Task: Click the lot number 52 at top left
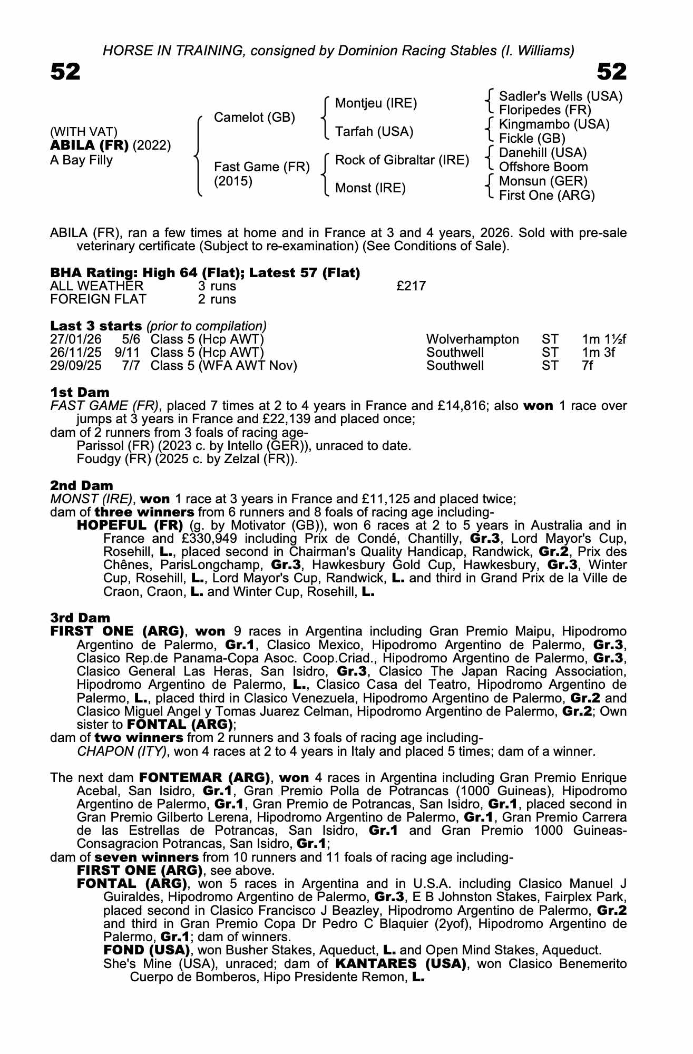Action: [x=65, y=72]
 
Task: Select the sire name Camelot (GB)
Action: [x=254, y=118]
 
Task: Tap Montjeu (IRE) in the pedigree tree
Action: [x=376, y=103]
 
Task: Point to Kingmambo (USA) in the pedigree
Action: [x=554, y=124]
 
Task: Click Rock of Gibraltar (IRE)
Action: [x=402, y=160]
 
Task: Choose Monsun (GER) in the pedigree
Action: [x=543, y=181]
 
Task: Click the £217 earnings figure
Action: [x=411, y=286]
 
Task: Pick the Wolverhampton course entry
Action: [x=472, y=339]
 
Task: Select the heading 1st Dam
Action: [x=80, y=392]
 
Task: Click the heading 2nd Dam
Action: [x=81, y=485]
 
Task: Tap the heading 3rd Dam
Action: [x=80, y=618]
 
